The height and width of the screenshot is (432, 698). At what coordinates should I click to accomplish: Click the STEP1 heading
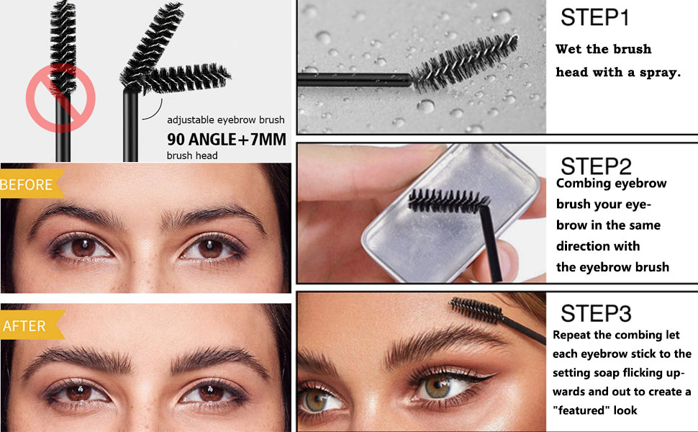pyautogui.click(x=594, y=17)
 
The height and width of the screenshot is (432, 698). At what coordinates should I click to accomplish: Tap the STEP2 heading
pyautogui.click(x=596, y=166)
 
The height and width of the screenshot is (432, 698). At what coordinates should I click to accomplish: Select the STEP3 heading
pyautogui.click(x=596, y=313)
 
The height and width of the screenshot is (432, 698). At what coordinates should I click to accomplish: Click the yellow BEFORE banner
pyautogui.click(x=31, y=184)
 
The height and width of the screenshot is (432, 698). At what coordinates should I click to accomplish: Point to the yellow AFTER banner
pyautogui.click(x=31, y=325)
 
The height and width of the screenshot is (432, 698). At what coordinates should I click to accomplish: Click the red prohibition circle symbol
pyautogui.click(x=60, y=98)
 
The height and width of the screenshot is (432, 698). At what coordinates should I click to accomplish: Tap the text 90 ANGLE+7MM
pyautogui.click(x=227, y=140)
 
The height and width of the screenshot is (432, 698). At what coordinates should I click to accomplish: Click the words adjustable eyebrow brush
pyautogui.click(x=226, y=120)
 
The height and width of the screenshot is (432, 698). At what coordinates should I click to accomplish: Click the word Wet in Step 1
pyautogui.click(x=569, y=49)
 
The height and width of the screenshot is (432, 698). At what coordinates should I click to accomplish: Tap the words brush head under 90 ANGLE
pyautogui.click(x=192, y=156)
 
